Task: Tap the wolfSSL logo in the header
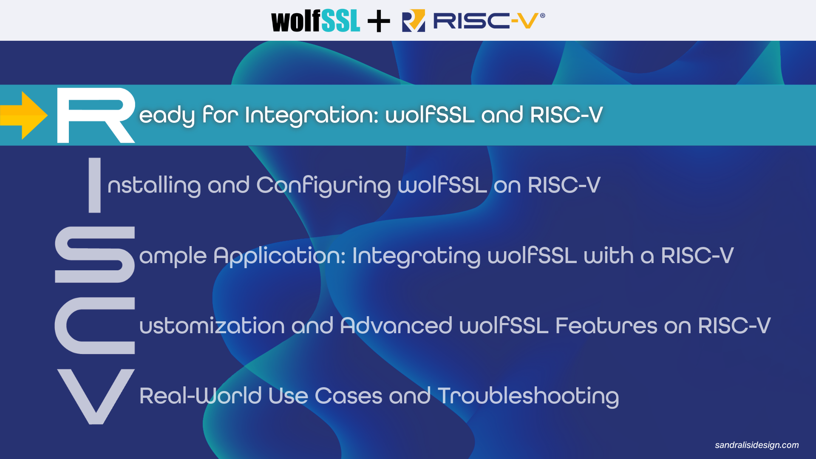pos(315,21)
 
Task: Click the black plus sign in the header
pos(379,21)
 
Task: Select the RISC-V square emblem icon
pos(413,21)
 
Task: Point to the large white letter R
pos(96,115)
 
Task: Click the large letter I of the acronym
pos(94,185)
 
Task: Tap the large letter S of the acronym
pos(95,255)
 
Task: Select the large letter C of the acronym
pos(95,326)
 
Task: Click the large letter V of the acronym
pos(96,396)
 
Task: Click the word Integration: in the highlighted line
pos(312,115)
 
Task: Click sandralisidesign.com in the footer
pos(756,445)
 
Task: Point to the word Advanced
pos(396,326)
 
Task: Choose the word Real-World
pos(200,396)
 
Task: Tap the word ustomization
pos(212,326)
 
